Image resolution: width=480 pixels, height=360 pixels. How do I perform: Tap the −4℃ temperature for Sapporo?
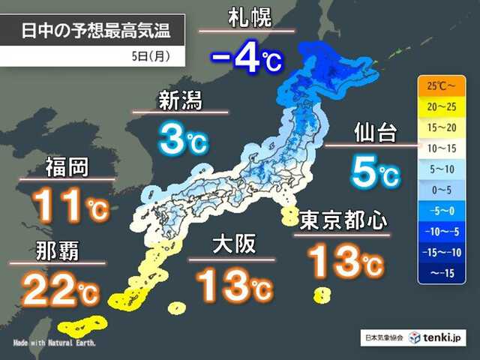pyautogui.click(x=245, y=60)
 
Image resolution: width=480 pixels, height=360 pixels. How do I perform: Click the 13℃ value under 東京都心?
pyautogui.click(x=344, y=262)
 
